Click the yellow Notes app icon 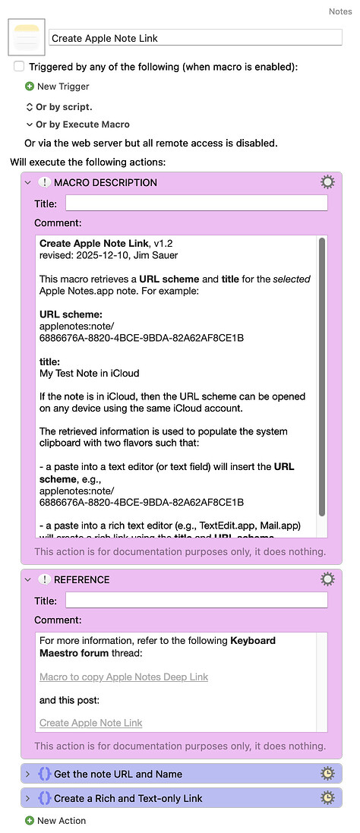pyautogui.click(x=27, y=37)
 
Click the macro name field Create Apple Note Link pyautogui.click(x=195, y=38)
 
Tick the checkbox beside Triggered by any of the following pyautogui.click(x=19, y=67)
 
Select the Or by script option pyautogui.click(x=63, y=107)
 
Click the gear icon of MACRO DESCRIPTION pyautogui.click(x=327, y=182)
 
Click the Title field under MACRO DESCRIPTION pyautogui.click(x=196, y=203)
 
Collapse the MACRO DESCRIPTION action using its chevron pyautogui.click(x=28, y=182)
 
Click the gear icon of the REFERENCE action pyautogui.click(x=327, y=579)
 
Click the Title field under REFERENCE pyautogui.click(x=196, y=600)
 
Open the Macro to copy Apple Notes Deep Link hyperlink pyautogui.click(x=124, y=677)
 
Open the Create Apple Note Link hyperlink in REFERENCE pyautogui.click(x=90, y=723)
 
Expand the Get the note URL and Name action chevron pyautogui.click(x=28, y=775)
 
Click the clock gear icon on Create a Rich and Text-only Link pyautogui.click(x=327, y=798)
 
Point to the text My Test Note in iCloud pyautogui.click(x=89, y=373)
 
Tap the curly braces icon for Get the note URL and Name pyautogui.click(x=44, y=775)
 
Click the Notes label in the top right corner pyautogui.click(x=339, y=11)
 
